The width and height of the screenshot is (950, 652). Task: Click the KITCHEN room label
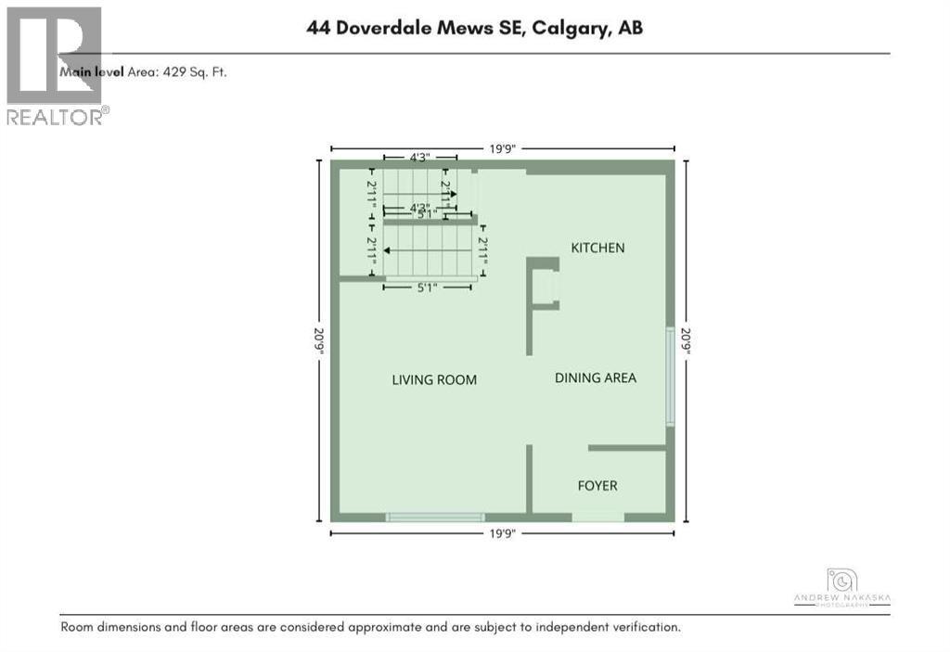click(597, 248)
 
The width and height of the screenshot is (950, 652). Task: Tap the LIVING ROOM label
click(434, 379)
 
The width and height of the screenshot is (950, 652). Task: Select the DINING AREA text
click(596, 377)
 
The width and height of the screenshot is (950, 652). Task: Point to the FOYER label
click(597, 486)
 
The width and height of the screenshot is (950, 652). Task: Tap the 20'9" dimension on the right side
click(686, 339)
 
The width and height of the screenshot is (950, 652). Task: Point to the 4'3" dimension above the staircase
click(419, 158)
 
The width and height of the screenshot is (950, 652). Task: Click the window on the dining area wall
click(670, 377)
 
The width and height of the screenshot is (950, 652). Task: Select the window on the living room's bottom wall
click(435, 517)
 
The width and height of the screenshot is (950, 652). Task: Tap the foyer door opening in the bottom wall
click(597, 517)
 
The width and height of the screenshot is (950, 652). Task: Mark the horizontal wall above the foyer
click(627, 448)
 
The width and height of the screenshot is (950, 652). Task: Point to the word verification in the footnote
click(645, 627)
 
